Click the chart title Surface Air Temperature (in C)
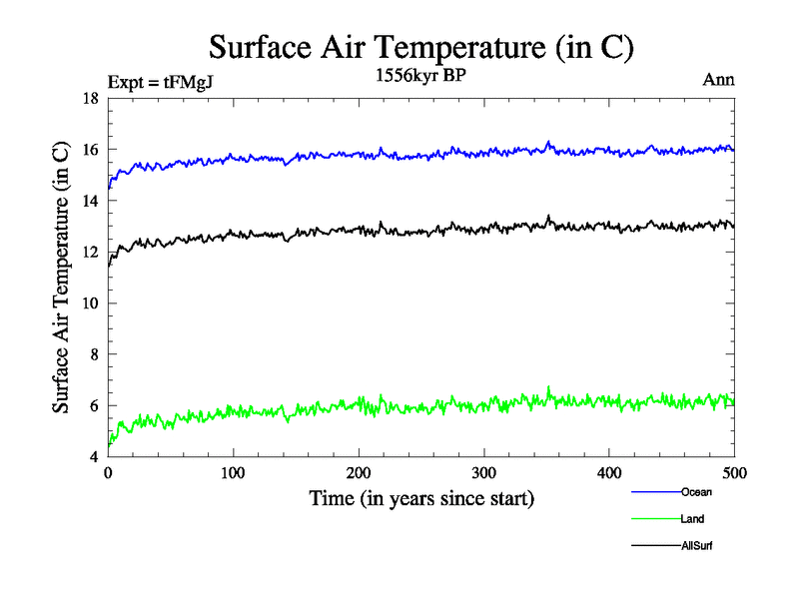[x=421, y=47]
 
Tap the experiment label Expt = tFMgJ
[x=159, y=83]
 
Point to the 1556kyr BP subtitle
[x=418, y=74]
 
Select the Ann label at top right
[x=719, y=80]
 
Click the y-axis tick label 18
[x=89, y=99]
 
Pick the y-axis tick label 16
[x=89, y=150]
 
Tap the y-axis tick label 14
[x=89, y=201]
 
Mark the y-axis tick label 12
[x=89, y=253]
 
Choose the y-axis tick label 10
[x=89, y=303]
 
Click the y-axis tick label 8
[x=93, y=354]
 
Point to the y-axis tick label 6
[x=93, y=405]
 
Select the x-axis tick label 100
[x=233, y=472]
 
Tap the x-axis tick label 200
[x=359, y=472]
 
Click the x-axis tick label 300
[x=483, y=472]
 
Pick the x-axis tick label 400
[x=609, y=472]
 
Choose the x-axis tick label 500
[x=734, y=472]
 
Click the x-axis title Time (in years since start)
[x=421, y=498]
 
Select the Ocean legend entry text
[x=696, y=492]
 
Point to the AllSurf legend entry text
[x=697, y=546]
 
